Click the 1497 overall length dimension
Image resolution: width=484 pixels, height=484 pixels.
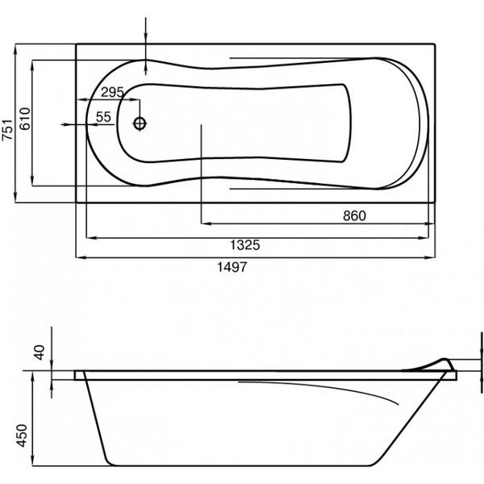pos(232,267)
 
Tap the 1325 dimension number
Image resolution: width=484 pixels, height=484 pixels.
pos(245,245)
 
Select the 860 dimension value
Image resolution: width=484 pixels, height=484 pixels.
pos(354,215)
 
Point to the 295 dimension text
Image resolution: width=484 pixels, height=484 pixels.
pos(112,92)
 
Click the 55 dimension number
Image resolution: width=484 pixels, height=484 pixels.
pos(103,117)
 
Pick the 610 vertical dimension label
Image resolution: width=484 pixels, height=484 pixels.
pos(25,119)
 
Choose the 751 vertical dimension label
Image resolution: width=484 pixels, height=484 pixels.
pos(7,130)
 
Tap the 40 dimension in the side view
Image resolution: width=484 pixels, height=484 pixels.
pos(40,353)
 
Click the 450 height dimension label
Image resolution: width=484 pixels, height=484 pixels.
pos(22,436)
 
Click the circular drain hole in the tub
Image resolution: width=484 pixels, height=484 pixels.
pos(140,123)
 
